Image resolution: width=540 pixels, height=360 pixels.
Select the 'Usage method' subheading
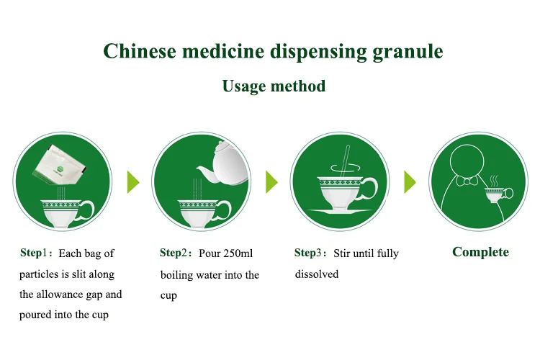coord(274,86)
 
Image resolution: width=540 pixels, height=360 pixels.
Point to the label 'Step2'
coord(174,253)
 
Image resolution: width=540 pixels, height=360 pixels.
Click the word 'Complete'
coord(480,252)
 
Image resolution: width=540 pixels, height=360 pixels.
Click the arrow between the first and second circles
coord(132,182)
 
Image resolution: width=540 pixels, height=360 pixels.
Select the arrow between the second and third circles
coord(271,182)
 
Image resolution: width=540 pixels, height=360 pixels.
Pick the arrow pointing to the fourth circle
coord(410,182)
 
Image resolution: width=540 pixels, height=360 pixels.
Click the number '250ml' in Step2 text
coord(238,253)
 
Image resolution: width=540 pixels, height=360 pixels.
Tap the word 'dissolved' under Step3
coord(317,274)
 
